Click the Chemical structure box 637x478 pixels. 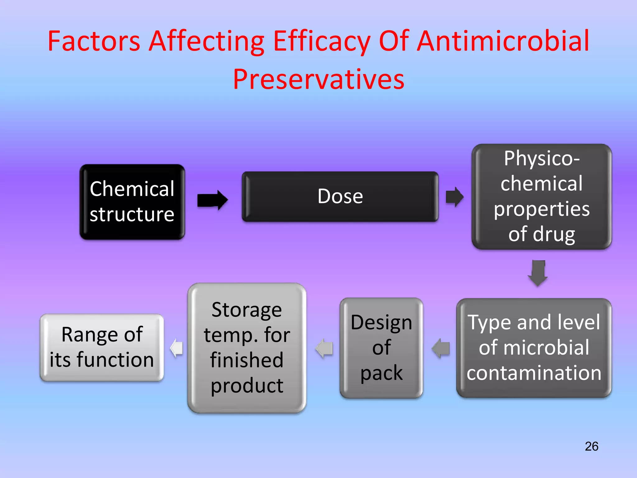click(x=132, y=202)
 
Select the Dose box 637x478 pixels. click(x=340, y=196)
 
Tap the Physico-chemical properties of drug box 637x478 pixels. click(x=542, y=196)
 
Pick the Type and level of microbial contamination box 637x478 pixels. click(x=534, y=348)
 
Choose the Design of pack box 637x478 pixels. click(x=381, y=348)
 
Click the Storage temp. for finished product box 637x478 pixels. click(x=247, y=348)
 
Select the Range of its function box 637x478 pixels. click(x=102, y=347)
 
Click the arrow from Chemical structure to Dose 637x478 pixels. click(x=213, y=200)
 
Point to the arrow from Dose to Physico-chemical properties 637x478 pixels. click(x=455, y=197)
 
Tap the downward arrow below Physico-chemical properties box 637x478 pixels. click(x=538, y=273)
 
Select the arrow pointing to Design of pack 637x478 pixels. click(x=441, y=348)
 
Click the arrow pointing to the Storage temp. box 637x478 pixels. click(x=324, y=348)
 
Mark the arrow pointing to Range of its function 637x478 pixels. click(x=176, y=348)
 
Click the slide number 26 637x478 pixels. click(x=591, y=446)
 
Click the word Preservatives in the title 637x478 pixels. click(x=319, y=79)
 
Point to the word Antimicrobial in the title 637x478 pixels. click(x=503, y=41)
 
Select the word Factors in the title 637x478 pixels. click(x=94, y=41)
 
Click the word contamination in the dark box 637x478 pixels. click(x=534, y=373)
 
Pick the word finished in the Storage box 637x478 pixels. click(x=247, y=360)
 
